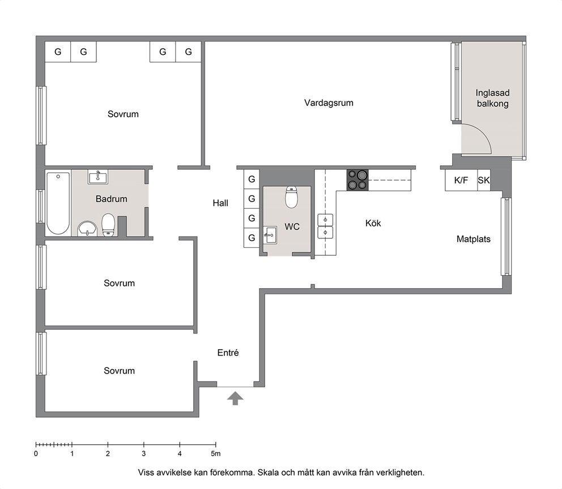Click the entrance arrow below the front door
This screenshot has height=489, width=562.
(x=235, y=398)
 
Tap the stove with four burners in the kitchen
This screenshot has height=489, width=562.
(x=357, y=180)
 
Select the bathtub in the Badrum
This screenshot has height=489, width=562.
(x=58, y=203)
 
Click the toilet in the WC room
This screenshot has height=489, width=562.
(x=291, y=197)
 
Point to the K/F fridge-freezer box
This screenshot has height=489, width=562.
(x=461, y=180)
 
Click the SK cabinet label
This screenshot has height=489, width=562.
(x=483, y=180)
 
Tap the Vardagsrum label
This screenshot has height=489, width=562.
(x=329, y=103)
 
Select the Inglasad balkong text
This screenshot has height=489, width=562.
(x=492, y=98)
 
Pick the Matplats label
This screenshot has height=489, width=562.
(x=474, y=239)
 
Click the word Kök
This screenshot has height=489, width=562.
(x=373, y=223)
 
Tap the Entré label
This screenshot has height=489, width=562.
(x=228, y=353)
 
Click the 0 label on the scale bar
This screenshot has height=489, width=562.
(x=36, y=453)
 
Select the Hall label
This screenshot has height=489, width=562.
(x=220, y=203)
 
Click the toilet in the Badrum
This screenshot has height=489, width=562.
(x=108, y=225)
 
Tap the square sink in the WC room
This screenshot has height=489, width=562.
(x=270, y=235)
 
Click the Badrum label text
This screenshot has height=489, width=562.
(x=112, y=199)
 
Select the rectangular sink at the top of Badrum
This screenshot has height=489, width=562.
(x=98, y=177)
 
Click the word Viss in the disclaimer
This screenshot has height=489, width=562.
(x=146, y=473)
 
